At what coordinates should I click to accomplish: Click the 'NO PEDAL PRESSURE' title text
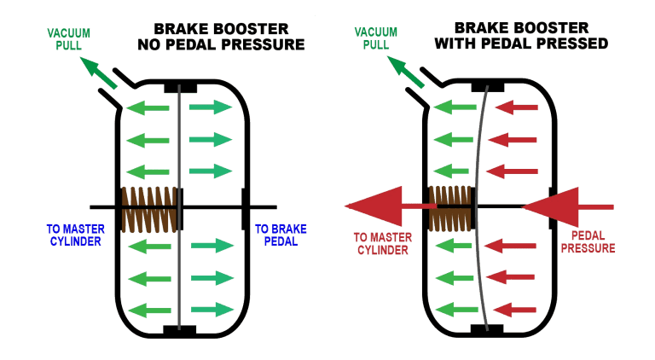(221, 44)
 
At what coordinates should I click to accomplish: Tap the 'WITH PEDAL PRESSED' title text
(521, 43)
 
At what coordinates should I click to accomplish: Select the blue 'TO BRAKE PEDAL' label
(281, 235)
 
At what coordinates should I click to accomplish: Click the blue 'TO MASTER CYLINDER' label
(76, 235)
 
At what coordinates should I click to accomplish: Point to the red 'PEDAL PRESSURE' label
(588, 241)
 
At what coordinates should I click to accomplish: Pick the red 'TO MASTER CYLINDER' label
(383, 243)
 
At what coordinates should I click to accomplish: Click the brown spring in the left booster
(149, 209)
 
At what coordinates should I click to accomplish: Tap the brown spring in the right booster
(450, 208)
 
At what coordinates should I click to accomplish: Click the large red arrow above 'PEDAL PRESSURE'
(568, 206)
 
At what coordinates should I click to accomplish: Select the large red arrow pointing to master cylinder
(391, 206)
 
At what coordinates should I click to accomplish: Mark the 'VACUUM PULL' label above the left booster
(68, 39)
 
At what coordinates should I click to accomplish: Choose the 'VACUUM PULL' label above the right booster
(376, 38)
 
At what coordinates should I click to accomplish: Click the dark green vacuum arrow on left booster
(99, 73)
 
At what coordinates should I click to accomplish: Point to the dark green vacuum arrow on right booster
(406, 72)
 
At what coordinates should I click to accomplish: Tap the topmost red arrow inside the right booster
(516, 107)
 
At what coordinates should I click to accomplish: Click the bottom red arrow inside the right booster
(514, 310)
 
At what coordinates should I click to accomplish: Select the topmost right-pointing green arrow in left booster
(211, 107)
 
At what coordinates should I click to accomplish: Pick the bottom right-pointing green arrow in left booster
(212, 310)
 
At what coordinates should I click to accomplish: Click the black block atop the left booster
(180, 87)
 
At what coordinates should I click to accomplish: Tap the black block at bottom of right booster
(487, 329)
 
